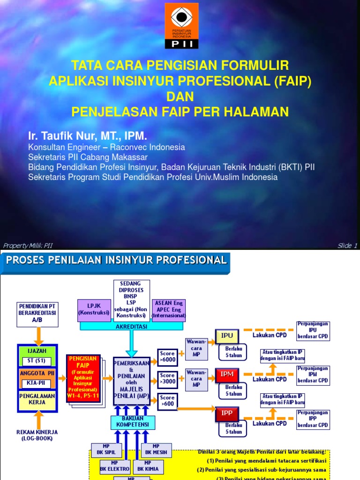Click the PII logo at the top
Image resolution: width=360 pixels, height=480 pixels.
tap(181, 25)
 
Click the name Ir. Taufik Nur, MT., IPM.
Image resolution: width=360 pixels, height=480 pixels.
tap(88, 136)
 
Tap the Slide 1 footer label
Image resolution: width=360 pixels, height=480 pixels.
tap(347, 246)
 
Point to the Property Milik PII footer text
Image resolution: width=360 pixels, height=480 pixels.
tap(28, 246)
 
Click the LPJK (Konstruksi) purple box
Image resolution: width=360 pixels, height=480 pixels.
tap(93, 309)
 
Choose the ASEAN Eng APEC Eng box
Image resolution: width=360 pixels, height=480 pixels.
tap(169, 309)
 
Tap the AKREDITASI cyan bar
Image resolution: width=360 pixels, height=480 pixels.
tap(132, 326)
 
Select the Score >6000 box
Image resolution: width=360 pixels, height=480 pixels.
tap(167, 356)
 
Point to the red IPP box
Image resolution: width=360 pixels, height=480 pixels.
tap(227, 413)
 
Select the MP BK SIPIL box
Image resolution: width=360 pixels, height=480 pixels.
tap(107, 449)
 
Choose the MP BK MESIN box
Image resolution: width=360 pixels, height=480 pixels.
tap(156, 449)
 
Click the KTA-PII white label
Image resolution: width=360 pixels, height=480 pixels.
tap(37, 383)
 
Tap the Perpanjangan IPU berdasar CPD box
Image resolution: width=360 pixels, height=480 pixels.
tap(313, 331)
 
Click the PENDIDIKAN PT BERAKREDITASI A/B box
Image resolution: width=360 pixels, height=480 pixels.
tap(37, 314)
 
